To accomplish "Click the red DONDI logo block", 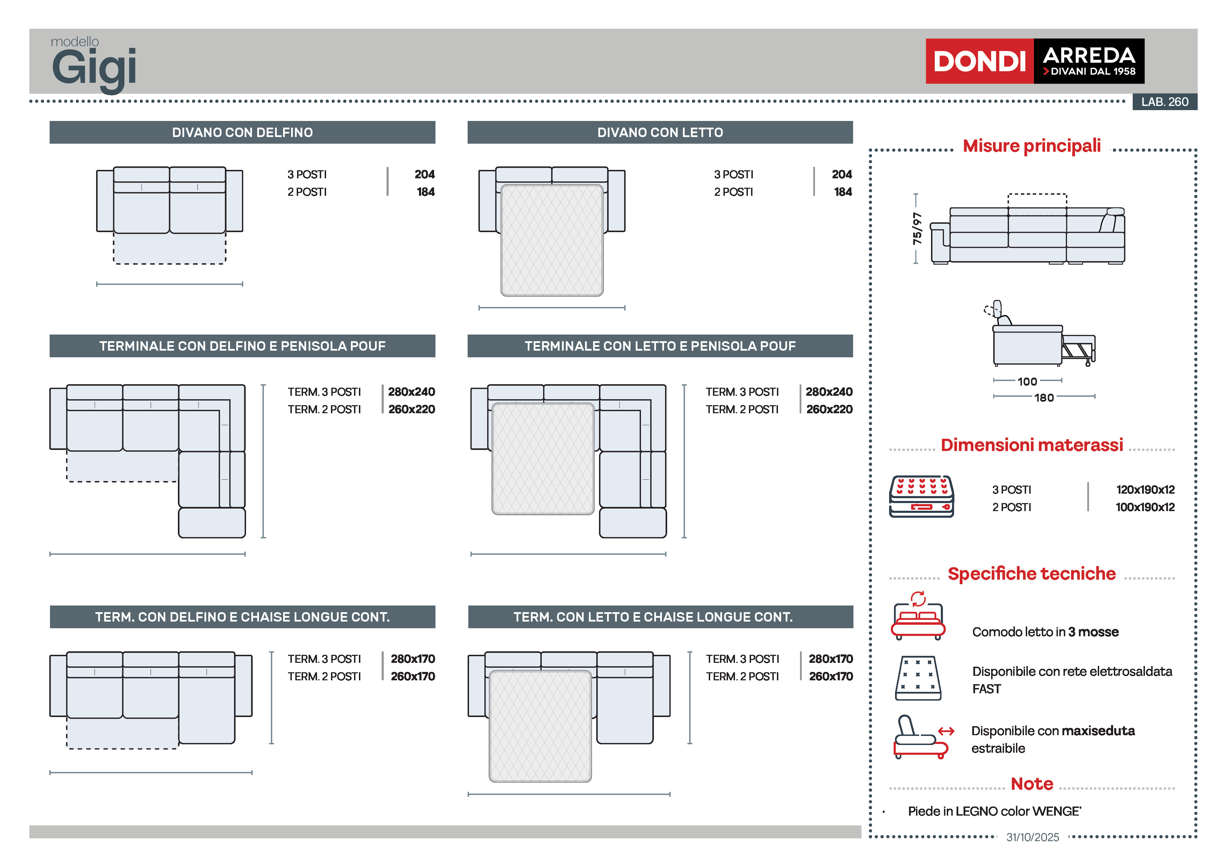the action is [979, 61].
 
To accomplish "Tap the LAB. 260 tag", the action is [1164, 101].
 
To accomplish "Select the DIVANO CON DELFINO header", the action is [243, 132].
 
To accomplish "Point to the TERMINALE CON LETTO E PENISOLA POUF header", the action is [660, 346].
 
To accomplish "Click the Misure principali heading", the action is [1032, 146].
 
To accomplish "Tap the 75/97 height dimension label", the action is [917, 229].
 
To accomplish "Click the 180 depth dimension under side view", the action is [1044, 397].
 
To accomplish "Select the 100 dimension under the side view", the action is [1027, 381].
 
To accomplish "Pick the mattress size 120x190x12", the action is [1145, 489].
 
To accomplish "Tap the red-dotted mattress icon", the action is [921, 496].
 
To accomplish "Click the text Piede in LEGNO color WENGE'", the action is [994, 811].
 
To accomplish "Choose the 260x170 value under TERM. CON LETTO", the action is [831, 676].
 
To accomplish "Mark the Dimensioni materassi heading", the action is [1032, 445].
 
